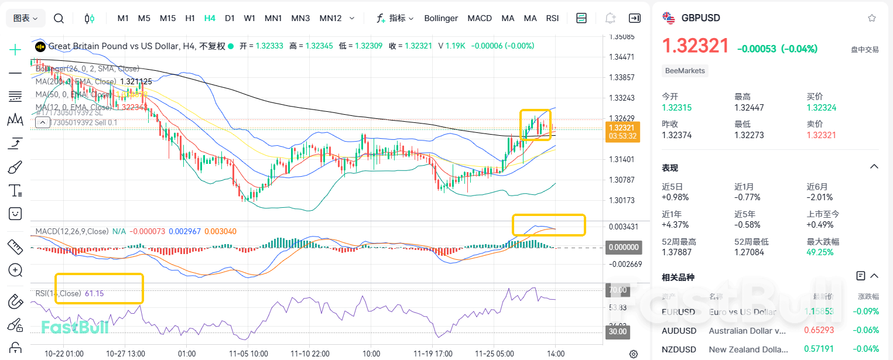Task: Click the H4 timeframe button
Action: click(210, 18)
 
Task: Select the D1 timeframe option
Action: click(230, 18)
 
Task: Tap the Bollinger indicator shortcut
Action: click(441, 18)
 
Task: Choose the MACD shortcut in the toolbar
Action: click(480, 18)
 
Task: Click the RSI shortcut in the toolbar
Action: click(552, 18)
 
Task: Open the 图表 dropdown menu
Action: click(26, 18)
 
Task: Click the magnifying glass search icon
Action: click(59, 18)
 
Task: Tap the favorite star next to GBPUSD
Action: click(872, 18)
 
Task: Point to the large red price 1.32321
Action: click(696, 46)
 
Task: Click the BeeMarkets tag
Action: click(685, 71)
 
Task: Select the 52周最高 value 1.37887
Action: click(676, 252)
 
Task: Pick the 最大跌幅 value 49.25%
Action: click(820, 252)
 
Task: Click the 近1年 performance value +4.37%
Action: click(675, 224)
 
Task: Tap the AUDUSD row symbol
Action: click(679, 331)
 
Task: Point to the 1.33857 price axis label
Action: click(622, 77)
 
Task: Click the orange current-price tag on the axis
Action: click(622, 132)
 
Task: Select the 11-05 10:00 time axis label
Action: click(249, 354)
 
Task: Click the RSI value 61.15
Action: click(94, 293)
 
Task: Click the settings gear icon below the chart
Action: click(633, 354)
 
